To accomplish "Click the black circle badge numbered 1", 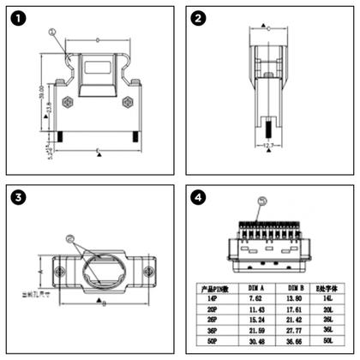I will pyautogui.click(x=20, y=19).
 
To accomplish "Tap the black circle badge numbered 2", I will pyautogui.click(x=198, y=19).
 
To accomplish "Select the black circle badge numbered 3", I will pyautogui.click(x=20, y=198).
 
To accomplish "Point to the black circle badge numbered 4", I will pyautogui.click(x=198, y=198).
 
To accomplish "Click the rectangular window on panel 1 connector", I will pyautogui.click(x=98, y=70).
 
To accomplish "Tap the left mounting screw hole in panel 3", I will pyautogui.click(x=58, y=273).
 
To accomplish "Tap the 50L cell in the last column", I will pyautogui.click(x=327, y=340).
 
